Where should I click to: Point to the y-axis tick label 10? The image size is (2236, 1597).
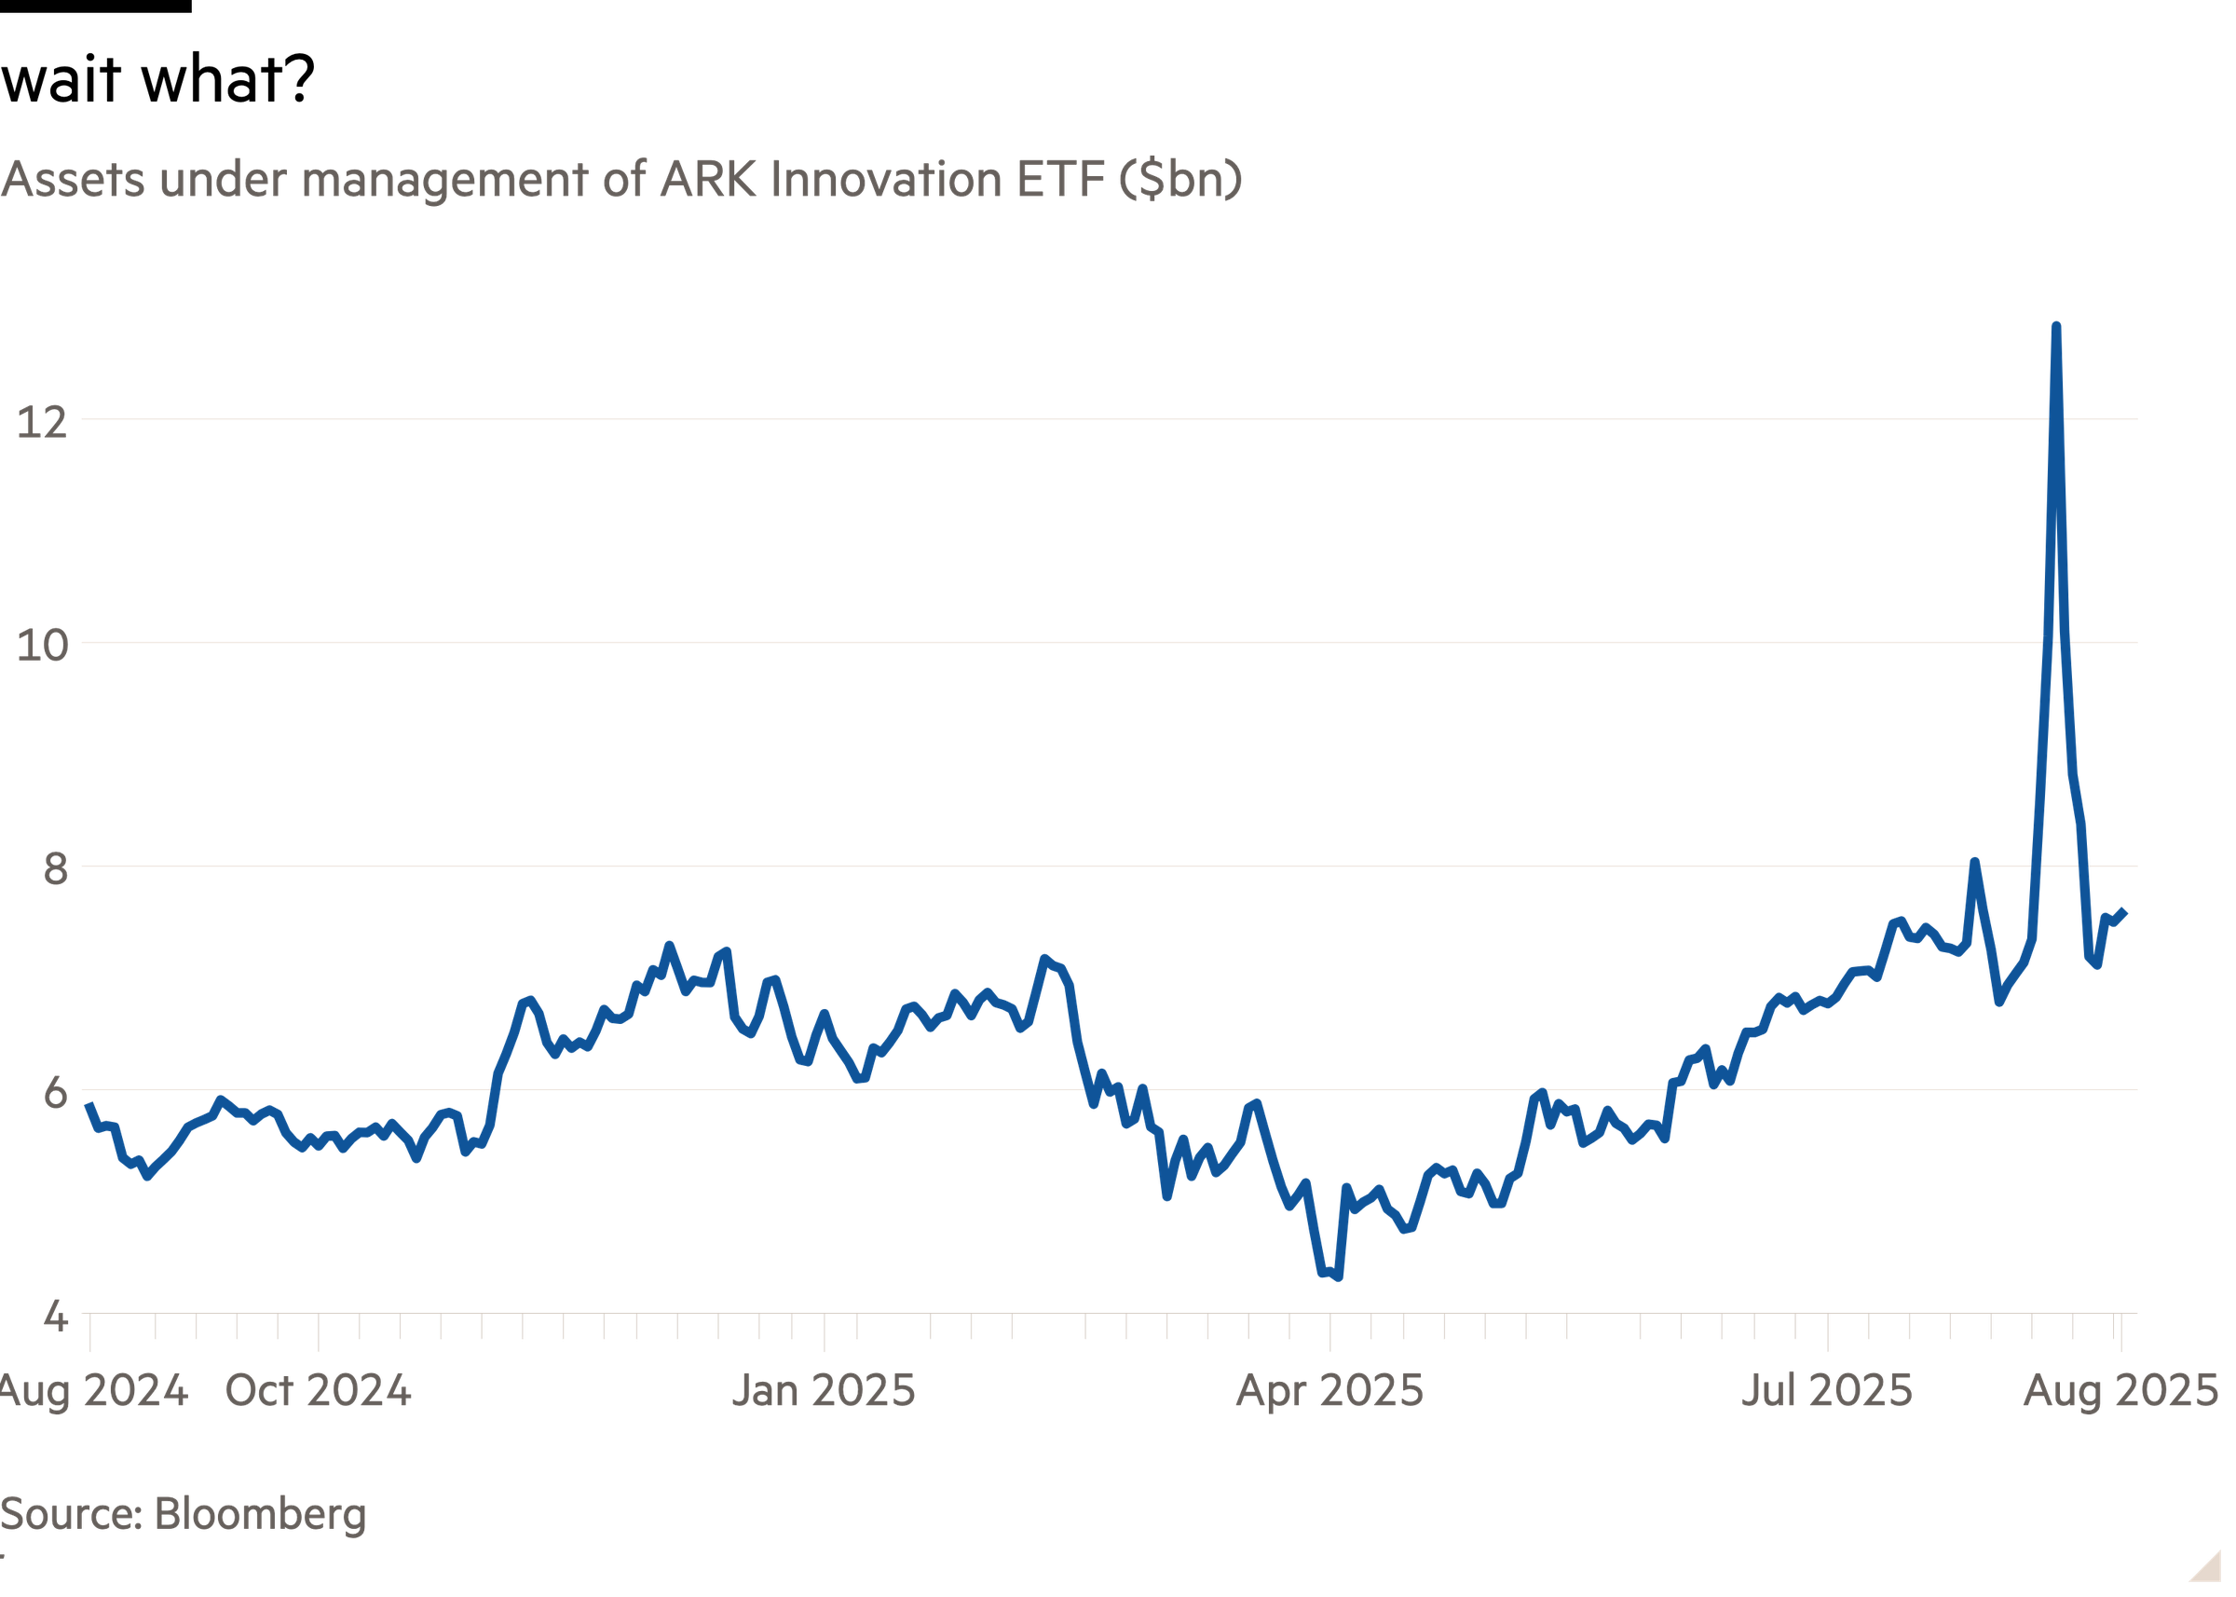(x=42, y=645)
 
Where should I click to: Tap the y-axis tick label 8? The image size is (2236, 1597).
(x=56, y=868)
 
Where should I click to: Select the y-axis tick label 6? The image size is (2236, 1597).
(x=56, y=1093)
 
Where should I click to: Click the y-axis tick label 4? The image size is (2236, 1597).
(x=56, y=1316)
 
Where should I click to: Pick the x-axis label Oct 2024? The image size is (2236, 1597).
(x=318, y=1390)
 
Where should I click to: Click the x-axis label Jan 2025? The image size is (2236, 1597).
(x=824, y=1390)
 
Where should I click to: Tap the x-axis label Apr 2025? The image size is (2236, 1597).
(x=1329, y=1390)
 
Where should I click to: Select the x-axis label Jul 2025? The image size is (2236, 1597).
(x=1827, y=1390)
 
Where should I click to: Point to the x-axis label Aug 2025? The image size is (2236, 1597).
(x=2120, y=1390)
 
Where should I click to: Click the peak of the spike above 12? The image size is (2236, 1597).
(x=2055, y=324)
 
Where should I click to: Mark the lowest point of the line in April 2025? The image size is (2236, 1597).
(x=1337, y=1277)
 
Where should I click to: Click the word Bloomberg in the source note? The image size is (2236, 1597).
(x=261, y=1513)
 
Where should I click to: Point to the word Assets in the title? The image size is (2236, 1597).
(x=74, y=180)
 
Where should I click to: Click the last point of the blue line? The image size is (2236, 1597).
(x=2126, y=911)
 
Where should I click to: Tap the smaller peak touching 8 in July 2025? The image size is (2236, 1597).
(x=1972, y=862)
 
